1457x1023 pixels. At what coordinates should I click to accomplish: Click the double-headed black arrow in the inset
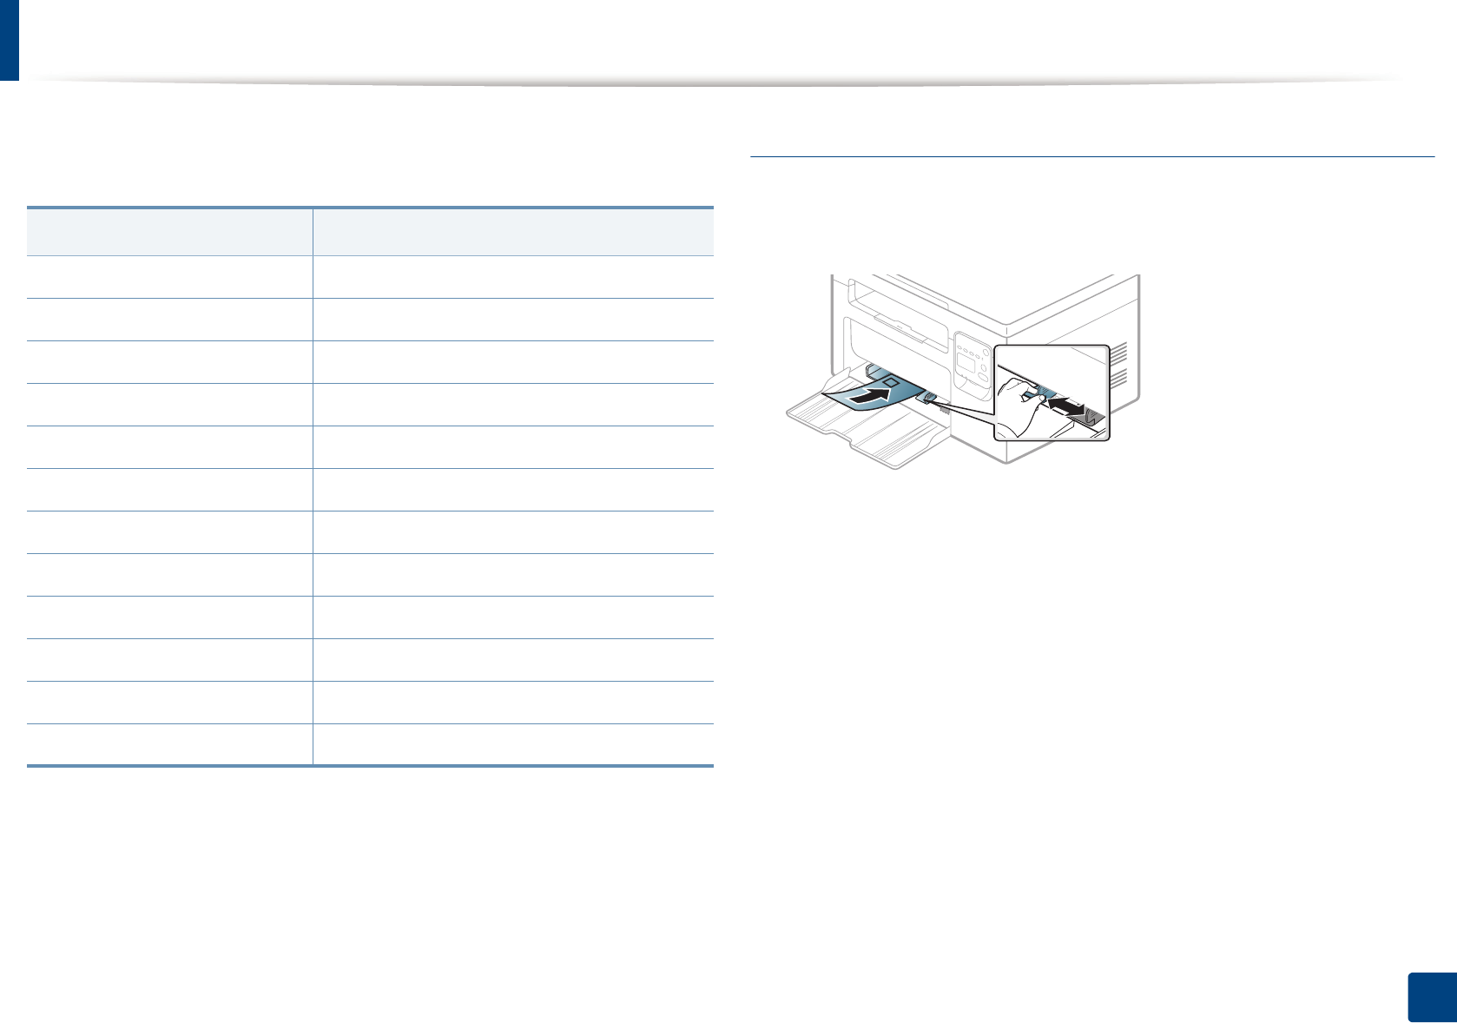1067,407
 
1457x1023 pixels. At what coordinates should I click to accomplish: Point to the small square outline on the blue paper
889,381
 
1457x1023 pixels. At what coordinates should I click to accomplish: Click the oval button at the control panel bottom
983,377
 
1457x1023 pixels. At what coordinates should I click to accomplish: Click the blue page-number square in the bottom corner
1430,996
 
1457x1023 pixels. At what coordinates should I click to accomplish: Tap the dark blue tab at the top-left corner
9,40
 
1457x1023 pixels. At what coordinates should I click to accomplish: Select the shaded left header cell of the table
169,232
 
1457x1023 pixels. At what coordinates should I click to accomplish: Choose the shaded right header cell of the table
512,232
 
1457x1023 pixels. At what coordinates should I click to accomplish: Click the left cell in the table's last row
169,744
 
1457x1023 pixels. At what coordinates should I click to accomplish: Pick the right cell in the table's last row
512,744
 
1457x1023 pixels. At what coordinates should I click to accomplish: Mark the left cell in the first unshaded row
169,276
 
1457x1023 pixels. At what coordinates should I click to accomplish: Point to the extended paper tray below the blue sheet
868,434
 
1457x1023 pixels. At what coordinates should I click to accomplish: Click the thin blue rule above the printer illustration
1091,157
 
